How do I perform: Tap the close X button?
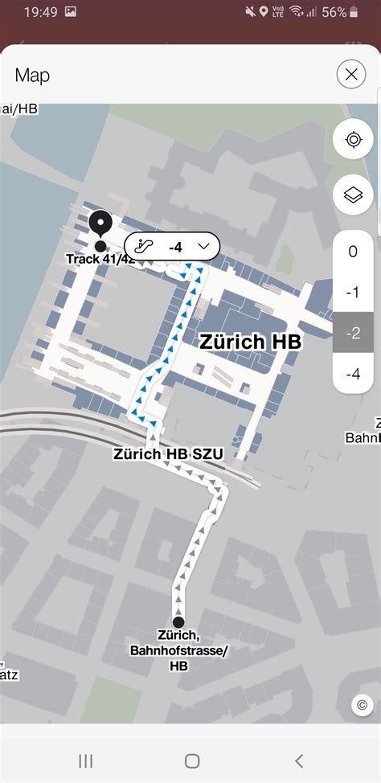click(x=351, y=76)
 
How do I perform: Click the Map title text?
click(x=32, y=76)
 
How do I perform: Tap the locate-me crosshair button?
click(x=353, y=141)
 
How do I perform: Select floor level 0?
click(x=353, y=252)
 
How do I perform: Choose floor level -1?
click(x=353, y=293)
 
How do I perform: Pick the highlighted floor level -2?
click(x=353, y=333)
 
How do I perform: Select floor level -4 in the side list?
click(x=353, y=374)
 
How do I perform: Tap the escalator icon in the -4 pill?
click(x=145, y=246)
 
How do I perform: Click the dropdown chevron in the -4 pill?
click(x=203, y=246)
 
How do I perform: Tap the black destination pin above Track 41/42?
click(x=100, y=221)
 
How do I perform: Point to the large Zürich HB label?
click(x=249, y=342)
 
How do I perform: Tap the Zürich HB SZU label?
click(x=168, y=454)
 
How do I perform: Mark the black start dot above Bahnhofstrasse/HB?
click(x=178, y=621)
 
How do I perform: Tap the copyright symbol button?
click(x=363, y=705)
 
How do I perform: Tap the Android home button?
click(x=191, y=760)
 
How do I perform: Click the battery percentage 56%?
click(x=334, y=12)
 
